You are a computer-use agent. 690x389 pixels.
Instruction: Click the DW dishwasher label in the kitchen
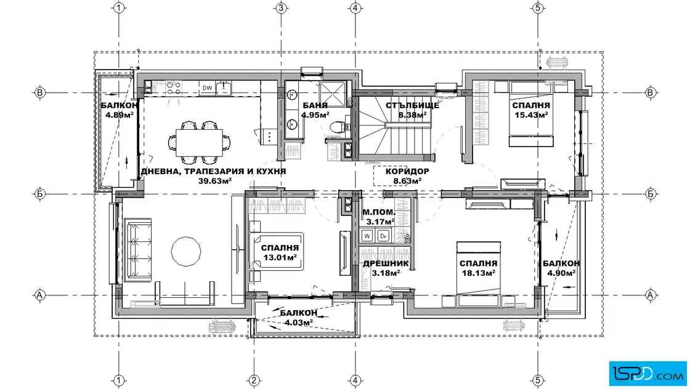[207, 88]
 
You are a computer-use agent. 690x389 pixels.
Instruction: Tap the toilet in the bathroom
[336, 127]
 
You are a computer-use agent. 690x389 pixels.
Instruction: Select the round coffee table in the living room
[186, 251]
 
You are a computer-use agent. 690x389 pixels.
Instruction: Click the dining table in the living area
[200, 142]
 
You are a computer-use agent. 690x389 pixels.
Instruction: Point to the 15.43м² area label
[531, 114]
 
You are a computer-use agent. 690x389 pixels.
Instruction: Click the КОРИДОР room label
[407, 171]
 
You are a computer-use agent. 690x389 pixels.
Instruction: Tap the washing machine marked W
[367, 236]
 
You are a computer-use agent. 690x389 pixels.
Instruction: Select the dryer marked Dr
[384, 236]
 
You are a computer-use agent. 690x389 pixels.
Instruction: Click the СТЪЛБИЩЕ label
[412, 105]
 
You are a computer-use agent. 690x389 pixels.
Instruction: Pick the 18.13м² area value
[478, 273]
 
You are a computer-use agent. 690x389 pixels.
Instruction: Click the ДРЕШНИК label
[386, 263]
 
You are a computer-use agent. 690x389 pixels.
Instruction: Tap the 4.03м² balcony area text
[299, 322]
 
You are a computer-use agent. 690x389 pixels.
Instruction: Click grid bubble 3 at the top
[281, 8]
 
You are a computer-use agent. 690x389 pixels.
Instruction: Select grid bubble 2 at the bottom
[253, 380]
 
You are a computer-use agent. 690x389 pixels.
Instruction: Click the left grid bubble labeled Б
[40, 194]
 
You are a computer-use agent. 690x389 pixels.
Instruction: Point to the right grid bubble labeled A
[651, 295]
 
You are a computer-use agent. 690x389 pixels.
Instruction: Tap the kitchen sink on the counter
[223, 88]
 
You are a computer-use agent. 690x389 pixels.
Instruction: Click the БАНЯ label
[315, 105]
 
